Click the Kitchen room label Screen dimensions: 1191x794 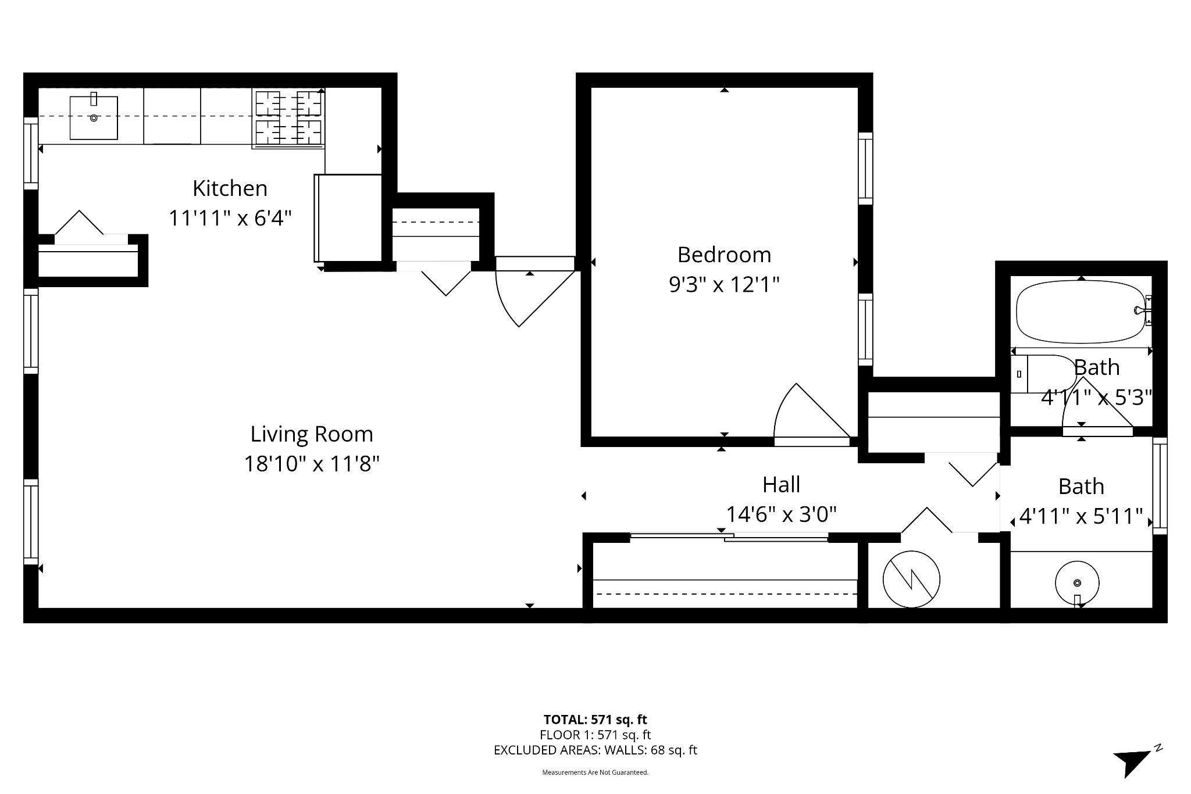(230, 188)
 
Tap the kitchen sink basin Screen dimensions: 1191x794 (94, 118)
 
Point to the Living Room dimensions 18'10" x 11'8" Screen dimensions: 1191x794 (312, 464)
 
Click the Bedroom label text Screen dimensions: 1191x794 (724, 255)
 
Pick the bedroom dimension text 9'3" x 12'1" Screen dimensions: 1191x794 (724, 285)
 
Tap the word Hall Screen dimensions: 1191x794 (781, 484)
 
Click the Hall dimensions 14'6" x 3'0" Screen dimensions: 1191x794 (781, 514)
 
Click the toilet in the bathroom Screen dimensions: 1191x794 (1044, 374)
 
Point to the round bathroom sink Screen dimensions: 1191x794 (1077, 582)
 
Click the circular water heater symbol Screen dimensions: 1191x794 (911, 579)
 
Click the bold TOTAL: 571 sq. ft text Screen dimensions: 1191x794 (595, 720)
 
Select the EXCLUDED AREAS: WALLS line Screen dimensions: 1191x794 (595, 750)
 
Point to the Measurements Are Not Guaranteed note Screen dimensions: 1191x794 (595, 772)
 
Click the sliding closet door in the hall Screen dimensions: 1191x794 (729, 537)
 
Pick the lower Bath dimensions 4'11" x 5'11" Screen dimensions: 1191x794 (1081, 516)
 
